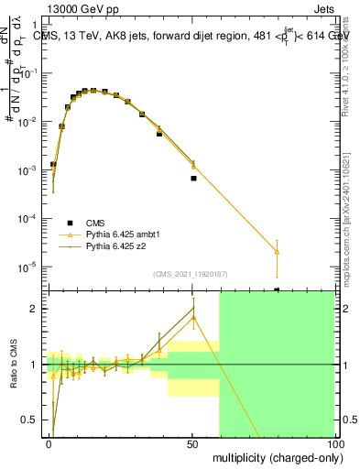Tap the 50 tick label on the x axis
tap(193, 443)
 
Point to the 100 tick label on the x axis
tap(334, 443)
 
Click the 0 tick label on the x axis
tap(49, 443)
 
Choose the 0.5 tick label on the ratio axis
tap(29, 420)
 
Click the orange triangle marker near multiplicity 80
tap(277, 251)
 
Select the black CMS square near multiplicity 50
tap(193, 179)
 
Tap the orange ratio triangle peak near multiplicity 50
tap(193, 317)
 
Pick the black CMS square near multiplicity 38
tap(159, 134)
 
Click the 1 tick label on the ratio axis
tap(33, 365)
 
